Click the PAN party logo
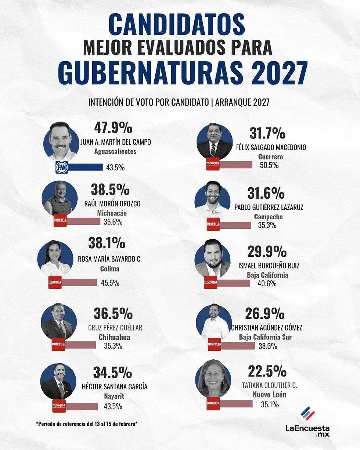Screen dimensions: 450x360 [61, 167]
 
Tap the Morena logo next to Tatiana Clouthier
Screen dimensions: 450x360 [213, 403]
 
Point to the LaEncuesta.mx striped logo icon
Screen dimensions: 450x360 [308, 414]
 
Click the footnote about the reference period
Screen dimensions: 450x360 [87, 424]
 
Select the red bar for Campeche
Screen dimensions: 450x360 [235, 225]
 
